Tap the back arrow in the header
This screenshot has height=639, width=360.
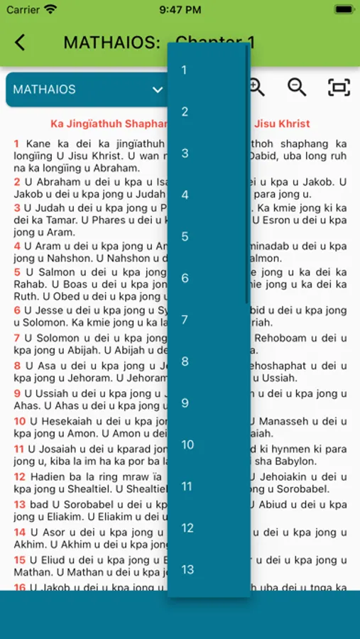20,43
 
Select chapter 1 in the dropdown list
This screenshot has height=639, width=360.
185,70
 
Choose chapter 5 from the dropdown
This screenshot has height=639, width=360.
185,236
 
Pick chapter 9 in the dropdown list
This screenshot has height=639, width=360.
185,403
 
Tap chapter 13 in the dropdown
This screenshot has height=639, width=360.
187,569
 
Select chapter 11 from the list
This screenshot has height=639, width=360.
187,486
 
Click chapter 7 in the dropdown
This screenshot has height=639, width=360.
185,319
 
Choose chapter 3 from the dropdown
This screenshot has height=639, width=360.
185,153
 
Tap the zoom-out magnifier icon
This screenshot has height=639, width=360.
297,87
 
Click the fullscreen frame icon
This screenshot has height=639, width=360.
339,87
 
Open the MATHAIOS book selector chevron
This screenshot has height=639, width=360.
158,89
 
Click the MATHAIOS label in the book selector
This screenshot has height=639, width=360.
44,89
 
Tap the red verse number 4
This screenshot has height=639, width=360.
17,246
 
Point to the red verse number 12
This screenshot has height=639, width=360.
19,476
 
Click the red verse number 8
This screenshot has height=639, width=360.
17,366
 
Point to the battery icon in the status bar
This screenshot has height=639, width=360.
343,10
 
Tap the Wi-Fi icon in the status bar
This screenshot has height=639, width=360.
50,10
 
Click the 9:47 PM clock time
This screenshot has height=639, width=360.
180,10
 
